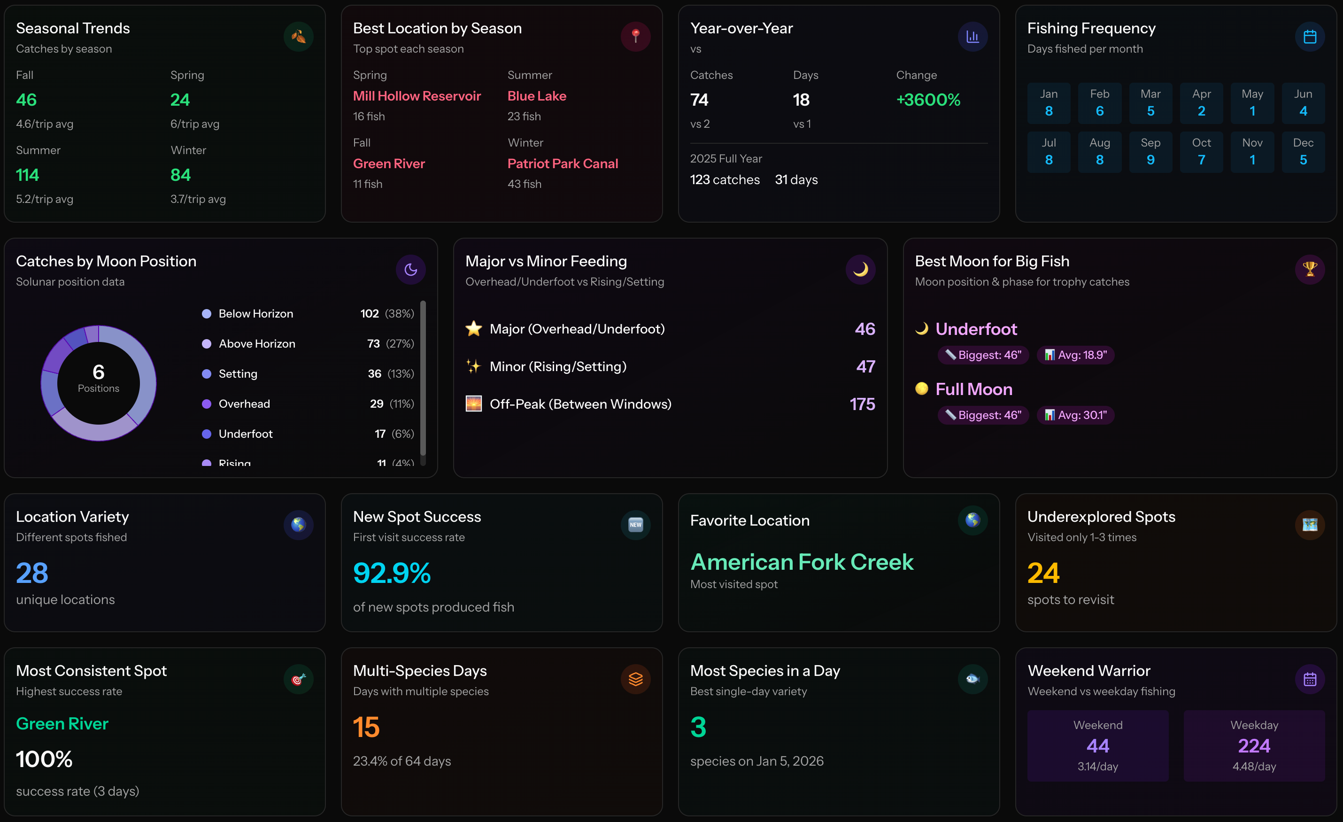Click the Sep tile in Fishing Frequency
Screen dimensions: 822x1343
point(1150,152)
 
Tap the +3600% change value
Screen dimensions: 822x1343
point(928,100)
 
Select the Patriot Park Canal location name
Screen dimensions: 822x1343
point(563,163)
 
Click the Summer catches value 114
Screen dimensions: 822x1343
point(27,175)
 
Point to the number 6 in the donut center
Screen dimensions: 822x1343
point(99,372)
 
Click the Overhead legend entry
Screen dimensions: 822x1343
point(244,404)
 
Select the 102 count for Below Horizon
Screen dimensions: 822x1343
point(369,313)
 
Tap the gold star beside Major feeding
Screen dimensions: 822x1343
point(474,329)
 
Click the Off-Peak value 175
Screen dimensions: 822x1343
point(862,404)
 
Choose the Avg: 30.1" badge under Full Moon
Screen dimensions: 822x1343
point(1075,415)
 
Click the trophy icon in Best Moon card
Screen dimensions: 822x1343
point(1309,269)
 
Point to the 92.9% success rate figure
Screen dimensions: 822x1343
point(392,573)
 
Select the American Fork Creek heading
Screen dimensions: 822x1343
point(802,562)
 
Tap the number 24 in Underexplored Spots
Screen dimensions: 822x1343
point(1043,573)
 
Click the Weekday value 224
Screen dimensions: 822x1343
point(1254,746)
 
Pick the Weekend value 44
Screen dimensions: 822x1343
point(1098,746)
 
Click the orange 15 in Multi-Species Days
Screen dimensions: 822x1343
point(366,727)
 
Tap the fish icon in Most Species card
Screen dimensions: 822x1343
point(973,679)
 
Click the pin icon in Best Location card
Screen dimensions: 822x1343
point(635,37)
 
